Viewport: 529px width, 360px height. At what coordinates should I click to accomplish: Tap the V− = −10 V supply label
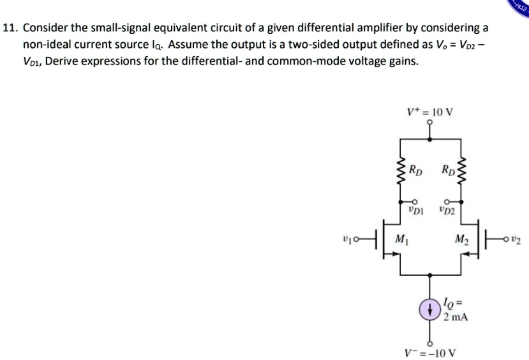pos(429,352)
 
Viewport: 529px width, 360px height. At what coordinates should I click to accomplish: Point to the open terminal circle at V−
pos(429,342)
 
